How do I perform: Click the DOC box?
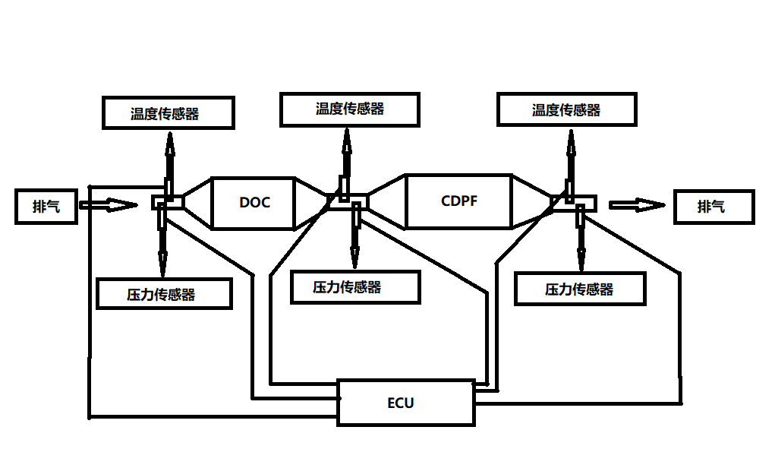(254, 203)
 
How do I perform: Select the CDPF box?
(458, 201)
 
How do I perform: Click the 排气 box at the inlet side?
(46, 207)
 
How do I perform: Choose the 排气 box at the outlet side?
(714, 207)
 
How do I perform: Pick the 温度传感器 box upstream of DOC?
(167, 113)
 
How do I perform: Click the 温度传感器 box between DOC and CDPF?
(349, 109)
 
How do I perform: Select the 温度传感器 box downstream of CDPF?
(566, 110)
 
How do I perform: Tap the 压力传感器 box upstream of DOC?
(164, 293)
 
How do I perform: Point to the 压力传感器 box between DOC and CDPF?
(354, 286)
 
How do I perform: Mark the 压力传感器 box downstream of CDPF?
(579, 289)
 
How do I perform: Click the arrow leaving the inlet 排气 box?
(107, 204)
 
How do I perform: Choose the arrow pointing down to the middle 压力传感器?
(354, 239)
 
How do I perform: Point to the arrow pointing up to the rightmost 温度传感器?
(569, 156)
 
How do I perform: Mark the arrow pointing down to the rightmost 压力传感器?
(581, 242)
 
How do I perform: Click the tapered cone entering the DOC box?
(197, 202)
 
